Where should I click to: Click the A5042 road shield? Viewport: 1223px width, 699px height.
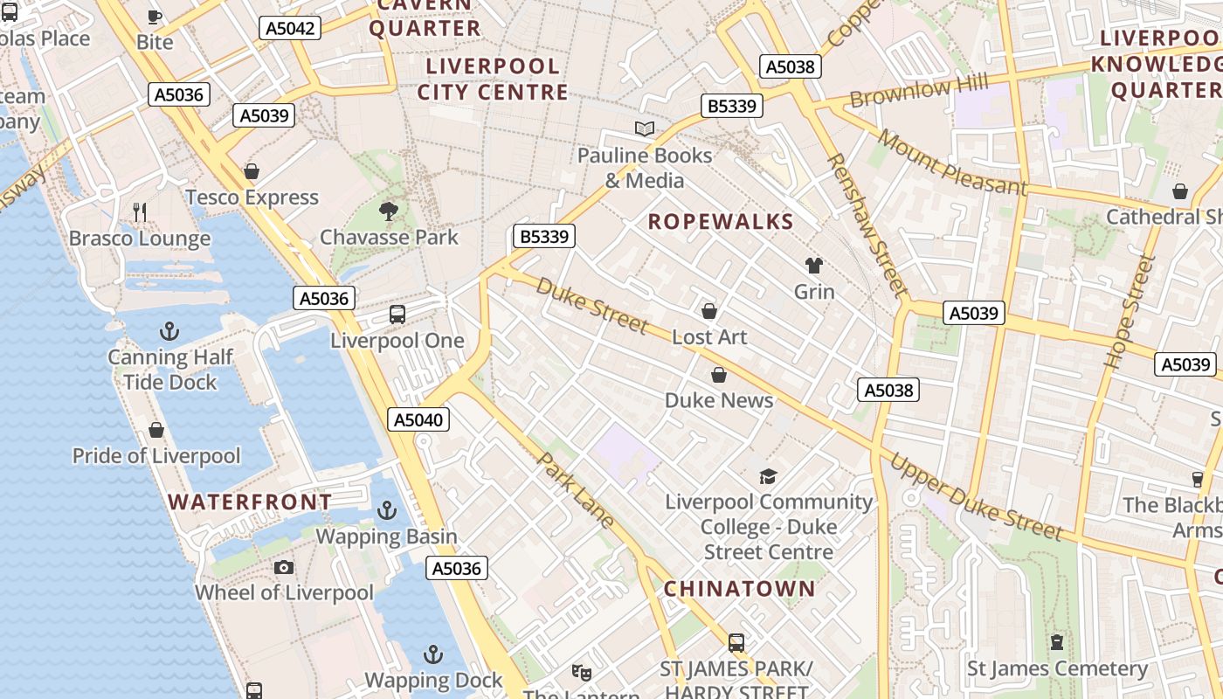(x=290, y=28)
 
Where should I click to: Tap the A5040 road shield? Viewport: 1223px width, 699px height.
(x=418, y=419)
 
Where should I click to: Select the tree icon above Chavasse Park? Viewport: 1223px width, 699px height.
(x=389, y=211)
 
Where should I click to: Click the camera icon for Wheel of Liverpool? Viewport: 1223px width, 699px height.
(x=284, y=568)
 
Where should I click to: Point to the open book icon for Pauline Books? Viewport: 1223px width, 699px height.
(x=645, y=129)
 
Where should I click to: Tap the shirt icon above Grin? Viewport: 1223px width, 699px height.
(x=814, y=266)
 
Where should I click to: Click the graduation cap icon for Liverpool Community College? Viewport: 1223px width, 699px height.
(x=768, y=476)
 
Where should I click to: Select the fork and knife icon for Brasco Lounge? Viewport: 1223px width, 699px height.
(x=140, y=211)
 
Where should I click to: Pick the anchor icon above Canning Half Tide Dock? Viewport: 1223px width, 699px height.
(x=170, y=331)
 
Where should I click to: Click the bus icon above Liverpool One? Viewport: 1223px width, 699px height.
(x=397, y=315)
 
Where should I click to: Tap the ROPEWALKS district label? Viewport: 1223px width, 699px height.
(x=721, y=222)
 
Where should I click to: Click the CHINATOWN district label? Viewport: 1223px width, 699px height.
(x=739, y=589)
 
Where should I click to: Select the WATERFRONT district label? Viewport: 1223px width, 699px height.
(x=250, y=502)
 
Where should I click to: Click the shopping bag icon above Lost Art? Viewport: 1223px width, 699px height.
(x=709, y=311)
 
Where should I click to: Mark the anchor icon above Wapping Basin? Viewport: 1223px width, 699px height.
(x=386, y=510)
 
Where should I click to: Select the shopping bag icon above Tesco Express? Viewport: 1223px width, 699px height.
(x=252, y=171)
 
